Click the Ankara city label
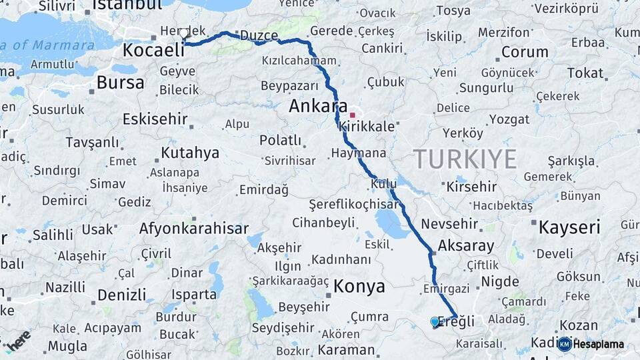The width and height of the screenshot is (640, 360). click(318, 107)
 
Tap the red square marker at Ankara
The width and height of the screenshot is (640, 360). click(352, 115)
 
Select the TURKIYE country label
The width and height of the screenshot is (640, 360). click(465, 159)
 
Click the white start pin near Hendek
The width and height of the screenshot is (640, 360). click(184, 33)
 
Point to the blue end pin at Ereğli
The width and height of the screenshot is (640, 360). click(435, 322)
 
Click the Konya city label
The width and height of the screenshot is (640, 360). click(360, 287)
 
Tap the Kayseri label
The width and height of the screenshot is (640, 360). click(569, 227)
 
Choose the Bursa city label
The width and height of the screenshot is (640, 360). click(120, 83)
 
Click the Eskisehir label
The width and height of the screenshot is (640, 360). click(152, 119)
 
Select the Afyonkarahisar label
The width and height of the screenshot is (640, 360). click(194, 228)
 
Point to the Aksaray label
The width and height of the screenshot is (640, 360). click(467, 245)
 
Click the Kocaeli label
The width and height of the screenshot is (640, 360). click(153, 50)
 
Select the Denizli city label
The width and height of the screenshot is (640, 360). click(121, 294)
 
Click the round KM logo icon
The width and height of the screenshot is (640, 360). click(564, 344)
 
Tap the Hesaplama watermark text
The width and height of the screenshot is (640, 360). click(598, 344)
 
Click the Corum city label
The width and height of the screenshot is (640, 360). click(525, 52)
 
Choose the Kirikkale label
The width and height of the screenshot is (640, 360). click(367, 126)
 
